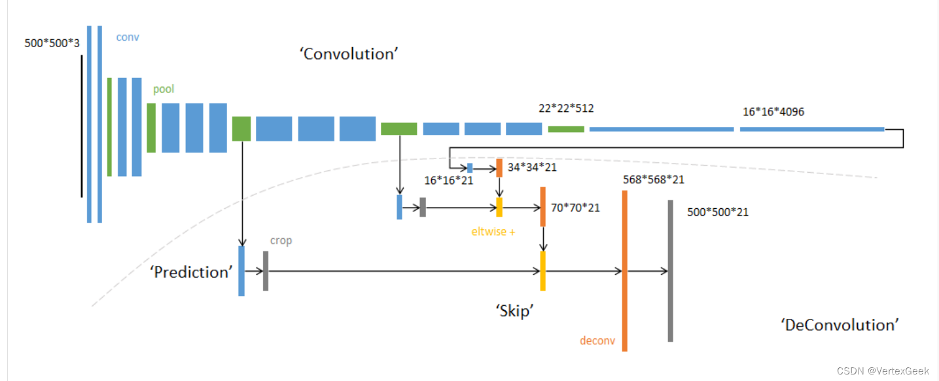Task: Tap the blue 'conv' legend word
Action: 128,37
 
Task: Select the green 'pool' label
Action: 164,89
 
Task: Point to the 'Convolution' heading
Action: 349,54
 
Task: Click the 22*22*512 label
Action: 566,108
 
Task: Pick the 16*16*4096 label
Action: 773,111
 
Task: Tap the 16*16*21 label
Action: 448,180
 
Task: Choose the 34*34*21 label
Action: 532,168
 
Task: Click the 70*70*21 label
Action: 575,208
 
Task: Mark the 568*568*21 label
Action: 654,179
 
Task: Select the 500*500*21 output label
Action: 718,212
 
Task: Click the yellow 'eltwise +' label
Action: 493,231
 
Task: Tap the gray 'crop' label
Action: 281,240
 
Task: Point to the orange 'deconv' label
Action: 597,340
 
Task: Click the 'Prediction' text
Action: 191,272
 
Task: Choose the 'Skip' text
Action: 512,312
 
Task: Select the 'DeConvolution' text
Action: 840,325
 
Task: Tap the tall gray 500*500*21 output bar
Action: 670,270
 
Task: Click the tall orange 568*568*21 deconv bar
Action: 625,270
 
